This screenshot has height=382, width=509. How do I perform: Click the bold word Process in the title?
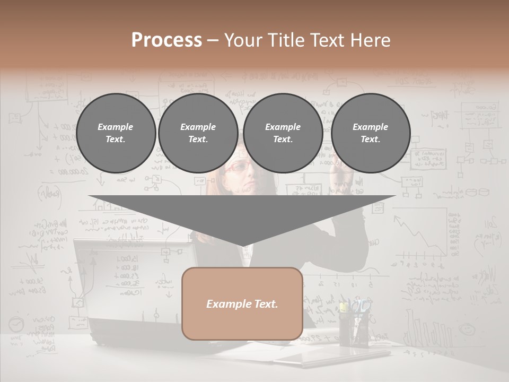[x=166, y=40]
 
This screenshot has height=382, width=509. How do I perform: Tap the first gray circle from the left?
[x=116, y=133]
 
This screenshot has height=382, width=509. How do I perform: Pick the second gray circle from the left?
[x=198, y=133]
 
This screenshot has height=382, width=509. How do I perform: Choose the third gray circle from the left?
[x=283, y=133]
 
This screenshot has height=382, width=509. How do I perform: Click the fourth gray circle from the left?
[x=371, y=133]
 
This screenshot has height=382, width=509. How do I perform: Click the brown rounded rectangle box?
[x=242, y=303]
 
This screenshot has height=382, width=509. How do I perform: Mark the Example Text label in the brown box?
[x=242, y=304]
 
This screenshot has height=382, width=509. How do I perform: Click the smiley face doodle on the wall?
[x=467, y=329]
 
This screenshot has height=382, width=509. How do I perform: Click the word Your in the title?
[x=242, y=40]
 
